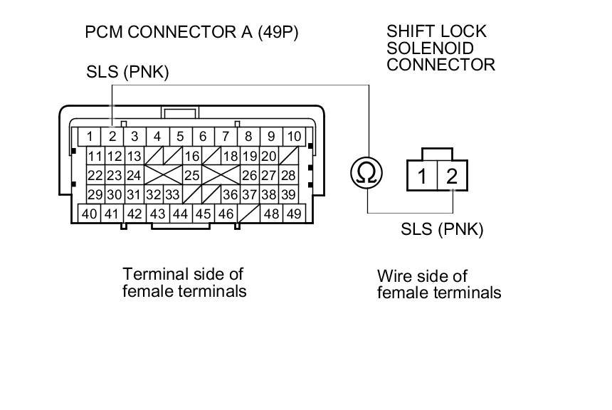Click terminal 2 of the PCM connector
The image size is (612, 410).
pos(112,136)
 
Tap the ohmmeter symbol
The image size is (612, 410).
pos(367,172)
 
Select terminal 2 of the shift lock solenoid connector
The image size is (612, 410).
pos(452,176)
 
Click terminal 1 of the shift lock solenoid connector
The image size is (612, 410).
pos(422,176)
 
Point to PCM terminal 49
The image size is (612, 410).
pos(292,213)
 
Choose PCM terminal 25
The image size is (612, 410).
pos(191,175)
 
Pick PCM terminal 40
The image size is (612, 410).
pos(89,213)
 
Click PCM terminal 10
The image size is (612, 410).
pos(293,136)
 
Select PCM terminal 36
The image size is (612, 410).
pos(229,194)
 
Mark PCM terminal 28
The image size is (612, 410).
pos(287,175)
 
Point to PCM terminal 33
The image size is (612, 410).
pos(172,194)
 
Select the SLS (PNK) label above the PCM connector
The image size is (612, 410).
pos(127,72)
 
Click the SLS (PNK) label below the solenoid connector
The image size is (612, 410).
pos(442,229)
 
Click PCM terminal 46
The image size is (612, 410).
pos(226,213)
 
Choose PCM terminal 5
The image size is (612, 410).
pos(180,136)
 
